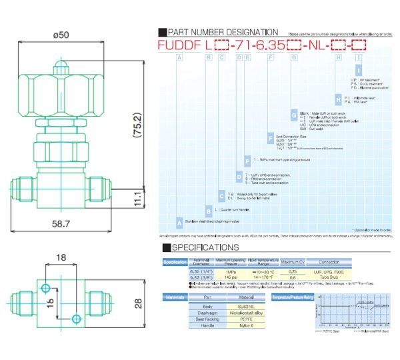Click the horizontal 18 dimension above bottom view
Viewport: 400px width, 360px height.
click(x=61, y=257)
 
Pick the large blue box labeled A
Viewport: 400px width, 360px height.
click(x=179, y=221)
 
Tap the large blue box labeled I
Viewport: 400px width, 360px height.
click(x=359, y=70)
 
